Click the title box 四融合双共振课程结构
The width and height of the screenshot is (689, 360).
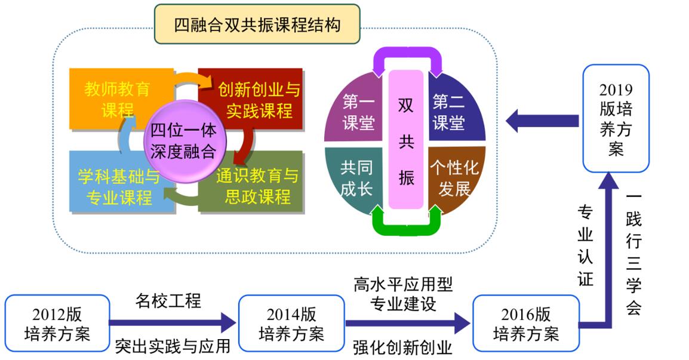coord(257,24)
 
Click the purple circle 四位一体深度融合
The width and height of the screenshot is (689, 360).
coord(183,141)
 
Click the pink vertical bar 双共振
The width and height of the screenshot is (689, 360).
coord(406,141)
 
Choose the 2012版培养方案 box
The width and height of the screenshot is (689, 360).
coord(57,323)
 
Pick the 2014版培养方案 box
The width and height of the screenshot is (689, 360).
coord(291,323)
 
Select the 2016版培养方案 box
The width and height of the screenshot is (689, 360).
coord(526,323)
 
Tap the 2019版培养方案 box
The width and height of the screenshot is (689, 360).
coord(616,119)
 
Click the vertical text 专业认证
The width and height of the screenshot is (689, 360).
coord(585,245)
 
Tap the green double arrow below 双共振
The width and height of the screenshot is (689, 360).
coord(406,221)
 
